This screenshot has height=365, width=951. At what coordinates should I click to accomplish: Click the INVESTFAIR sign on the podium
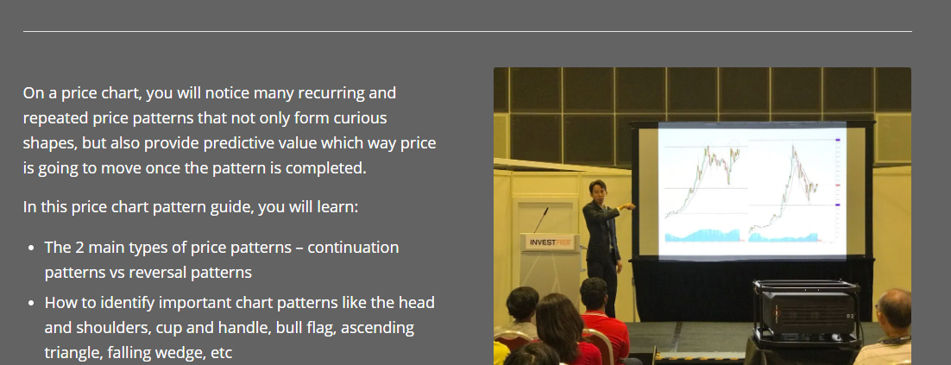tap(550, 242)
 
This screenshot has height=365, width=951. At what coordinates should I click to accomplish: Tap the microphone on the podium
tap(541, 220)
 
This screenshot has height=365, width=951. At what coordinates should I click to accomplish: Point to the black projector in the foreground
tap(805, 312)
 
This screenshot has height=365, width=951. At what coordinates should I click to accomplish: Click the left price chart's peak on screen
tap(707, 147)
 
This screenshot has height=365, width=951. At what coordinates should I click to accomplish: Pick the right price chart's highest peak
tap(793, 146)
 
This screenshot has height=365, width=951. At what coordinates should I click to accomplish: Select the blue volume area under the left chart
tap(703, 235)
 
